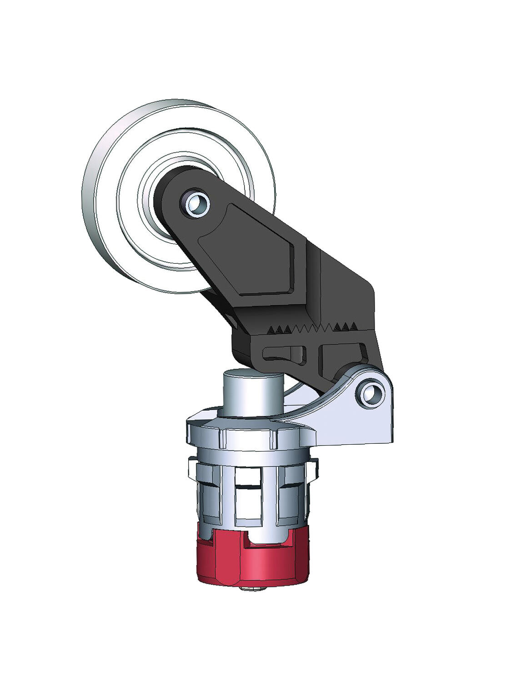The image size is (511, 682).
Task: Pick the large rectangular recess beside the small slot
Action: (341, 359)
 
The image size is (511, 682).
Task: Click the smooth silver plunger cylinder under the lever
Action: (253, 391)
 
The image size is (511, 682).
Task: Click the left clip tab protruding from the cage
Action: (193, 468)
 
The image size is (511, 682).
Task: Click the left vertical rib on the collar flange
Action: (222, 438)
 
